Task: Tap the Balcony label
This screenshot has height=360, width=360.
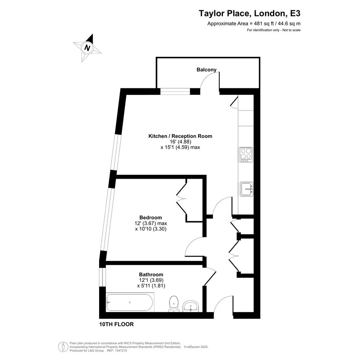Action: [206, 70]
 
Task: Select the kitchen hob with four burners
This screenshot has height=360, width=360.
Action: [246, 155]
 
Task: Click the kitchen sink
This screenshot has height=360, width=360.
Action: [246, 189]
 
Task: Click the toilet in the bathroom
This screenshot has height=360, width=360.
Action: [174, 304]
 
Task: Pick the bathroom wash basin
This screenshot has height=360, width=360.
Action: [190, 306]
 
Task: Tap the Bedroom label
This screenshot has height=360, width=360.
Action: [150, 218]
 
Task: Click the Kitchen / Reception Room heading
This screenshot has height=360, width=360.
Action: [180, 136]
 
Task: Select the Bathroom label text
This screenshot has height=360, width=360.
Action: [151, 274]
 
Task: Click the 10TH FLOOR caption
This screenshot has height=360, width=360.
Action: [117, 324]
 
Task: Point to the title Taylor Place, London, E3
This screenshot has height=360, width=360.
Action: [250, 13]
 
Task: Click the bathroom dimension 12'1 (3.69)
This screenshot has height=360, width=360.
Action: [151, 280]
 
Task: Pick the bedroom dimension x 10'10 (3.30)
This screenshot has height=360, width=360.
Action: [150, 229]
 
